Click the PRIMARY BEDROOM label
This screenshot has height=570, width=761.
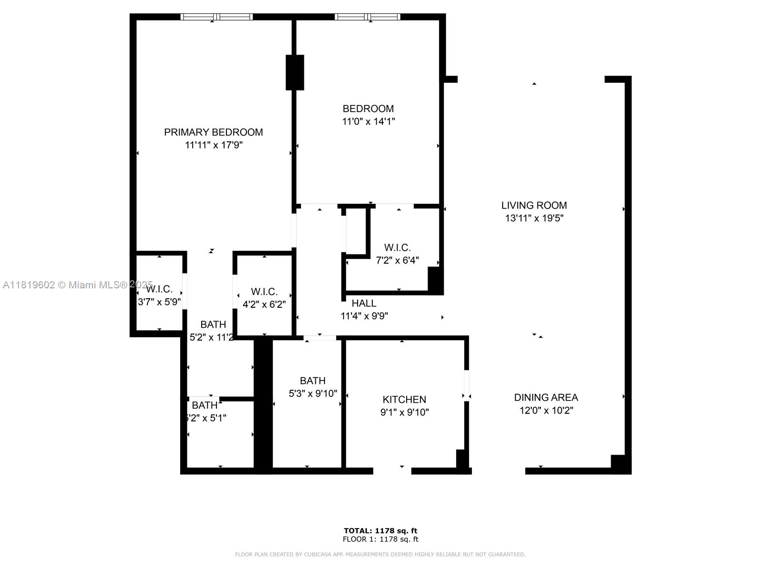point(214,132)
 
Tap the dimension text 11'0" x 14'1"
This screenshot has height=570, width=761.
point(369,122)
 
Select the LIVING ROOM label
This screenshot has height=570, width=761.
point(534,205)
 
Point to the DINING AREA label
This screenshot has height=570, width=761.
point(546,398)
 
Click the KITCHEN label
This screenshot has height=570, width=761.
point(404,399)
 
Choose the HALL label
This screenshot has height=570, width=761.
point(364,303)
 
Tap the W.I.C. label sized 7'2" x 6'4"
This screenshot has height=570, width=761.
point(397,247)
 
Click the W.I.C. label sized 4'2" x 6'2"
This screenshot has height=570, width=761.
point(264,292)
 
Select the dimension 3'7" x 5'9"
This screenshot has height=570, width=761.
point(159,302)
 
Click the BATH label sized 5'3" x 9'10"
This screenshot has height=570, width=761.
point(312,381)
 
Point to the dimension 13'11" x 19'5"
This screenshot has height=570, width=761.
point(534,218)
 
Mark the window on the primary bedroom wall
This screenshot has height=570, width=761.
point(216,17)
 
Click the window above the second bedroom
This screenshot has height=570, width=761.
point(368,17)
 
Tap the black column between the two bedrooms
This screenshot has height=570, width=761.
point(294,72)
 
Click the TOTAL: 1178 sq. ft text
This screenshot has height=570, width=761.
point(380,531)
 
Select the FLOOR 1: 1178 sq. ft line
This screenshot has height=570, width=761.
point(380,539)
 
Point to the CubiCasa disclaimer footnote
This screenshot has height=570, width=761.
point(380,554)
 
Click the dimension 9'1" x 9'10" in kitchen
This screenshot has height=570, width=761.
point(404,412)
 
